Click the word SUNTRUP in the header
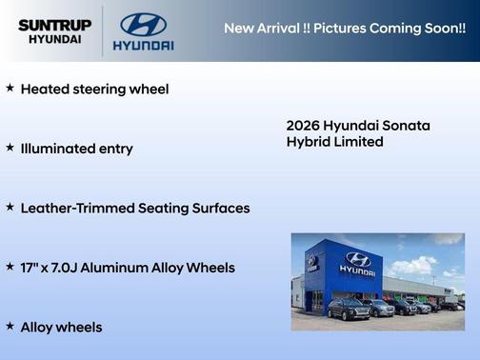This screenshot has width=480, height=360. pyautogui.click(x=53, y=24)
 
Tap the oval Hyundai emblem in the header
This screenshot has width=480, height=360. pyautogui.click(x=143, y=25)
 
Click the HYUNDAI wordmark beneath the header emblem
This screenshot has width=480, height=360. pyautogui.click(x=143, y=45)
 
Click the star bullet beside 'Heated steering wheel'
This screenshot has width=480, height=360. pyautogui.click(x=10, y=88)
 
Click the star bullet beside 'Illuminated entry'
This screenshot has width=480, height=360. pyautogui.click(x=10, y=148)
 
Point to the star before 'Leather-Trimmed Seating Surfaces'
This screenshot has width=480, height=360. pyautogui.click(x=10, y=207)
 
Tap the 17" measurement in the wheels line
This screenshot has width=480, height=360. pyautogui.click(x=31, y=268)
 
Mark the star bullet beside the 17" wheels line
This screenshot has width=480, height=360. pyautogui.click(x=10, y=267)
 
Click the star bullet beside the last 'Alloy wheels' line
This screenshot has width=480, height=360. pyautogui.click(x=10, y=326)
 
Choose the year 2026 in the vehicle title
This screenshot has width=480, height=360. pyautogui.click(x=303, y=126)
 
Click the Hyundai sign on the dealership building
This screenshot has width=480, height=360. pyautogui.click(x=357, y=264)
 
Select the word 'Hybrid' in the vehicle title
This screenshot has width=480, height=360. pyautogui.click(x=310, y=142)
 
